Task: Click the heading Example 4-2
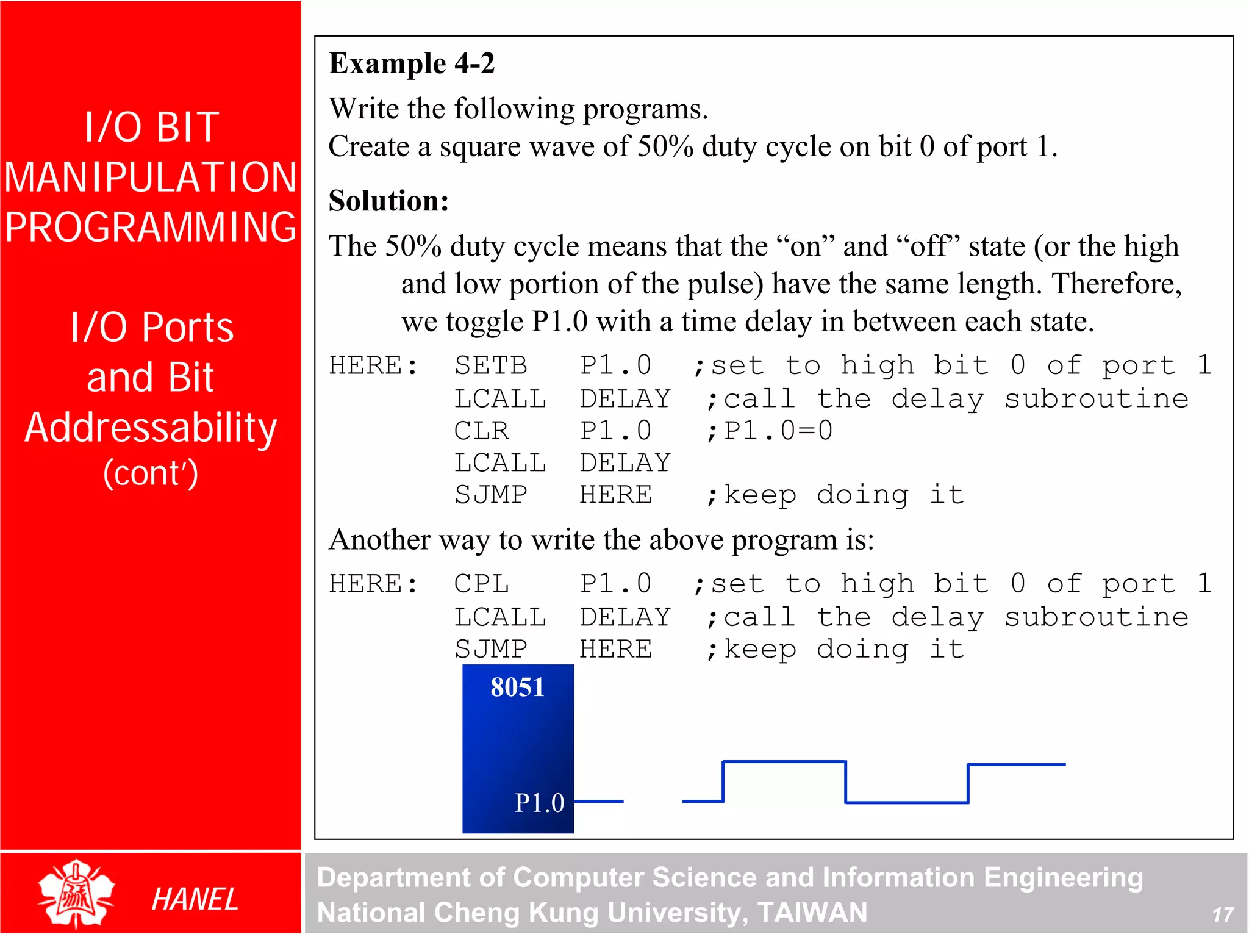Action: point(412,63)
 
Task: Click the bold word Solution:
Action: point(388,201)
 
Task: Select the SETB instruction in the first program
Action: point(490,365)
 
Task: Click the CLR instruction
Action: point(481,431)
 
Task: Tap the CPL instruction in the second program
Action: point(481,584)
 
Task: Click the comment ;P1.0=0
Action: point(769,431)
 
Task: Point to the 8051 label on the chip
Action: point(517,688)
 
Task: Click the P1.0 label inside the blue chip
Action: point(539,803)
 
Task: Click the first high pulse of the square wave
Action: point(784,762)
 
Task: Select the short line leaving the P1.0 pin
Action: point(599,801)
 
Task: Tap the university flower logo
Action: point(76,894)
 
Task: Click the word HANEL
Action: point(195,899)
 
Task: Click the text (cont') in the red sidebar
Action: point(151,473)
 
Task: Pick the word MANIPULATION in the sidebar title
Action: point(151,178)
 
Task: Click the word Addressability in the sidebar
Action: point(151,427)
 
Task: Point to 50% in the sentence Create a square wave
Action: point(665,146)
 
